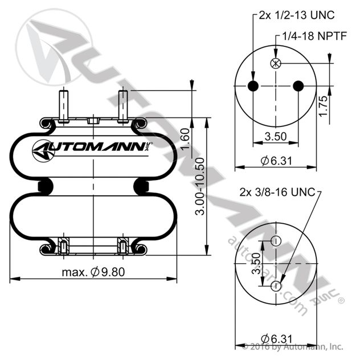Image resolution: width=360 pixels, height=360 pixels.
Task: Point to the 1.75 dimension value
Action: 324,107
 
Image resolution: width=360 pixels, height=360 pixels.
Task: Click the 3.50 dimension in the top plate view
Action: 276,137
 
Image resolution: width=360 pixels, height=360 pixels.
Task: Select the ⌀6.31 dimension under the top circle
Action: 276,161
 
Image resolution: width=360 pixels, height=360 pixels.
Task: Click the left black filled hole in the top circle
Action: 254,86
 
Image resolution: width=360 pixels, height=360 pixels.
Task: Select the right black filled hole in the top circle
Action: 298,86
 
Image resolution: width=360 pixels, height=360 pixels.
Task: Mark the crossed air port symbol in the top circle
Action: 276,64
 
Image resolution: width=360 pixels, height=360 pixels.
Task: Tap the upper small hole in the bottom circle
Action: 276,241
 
